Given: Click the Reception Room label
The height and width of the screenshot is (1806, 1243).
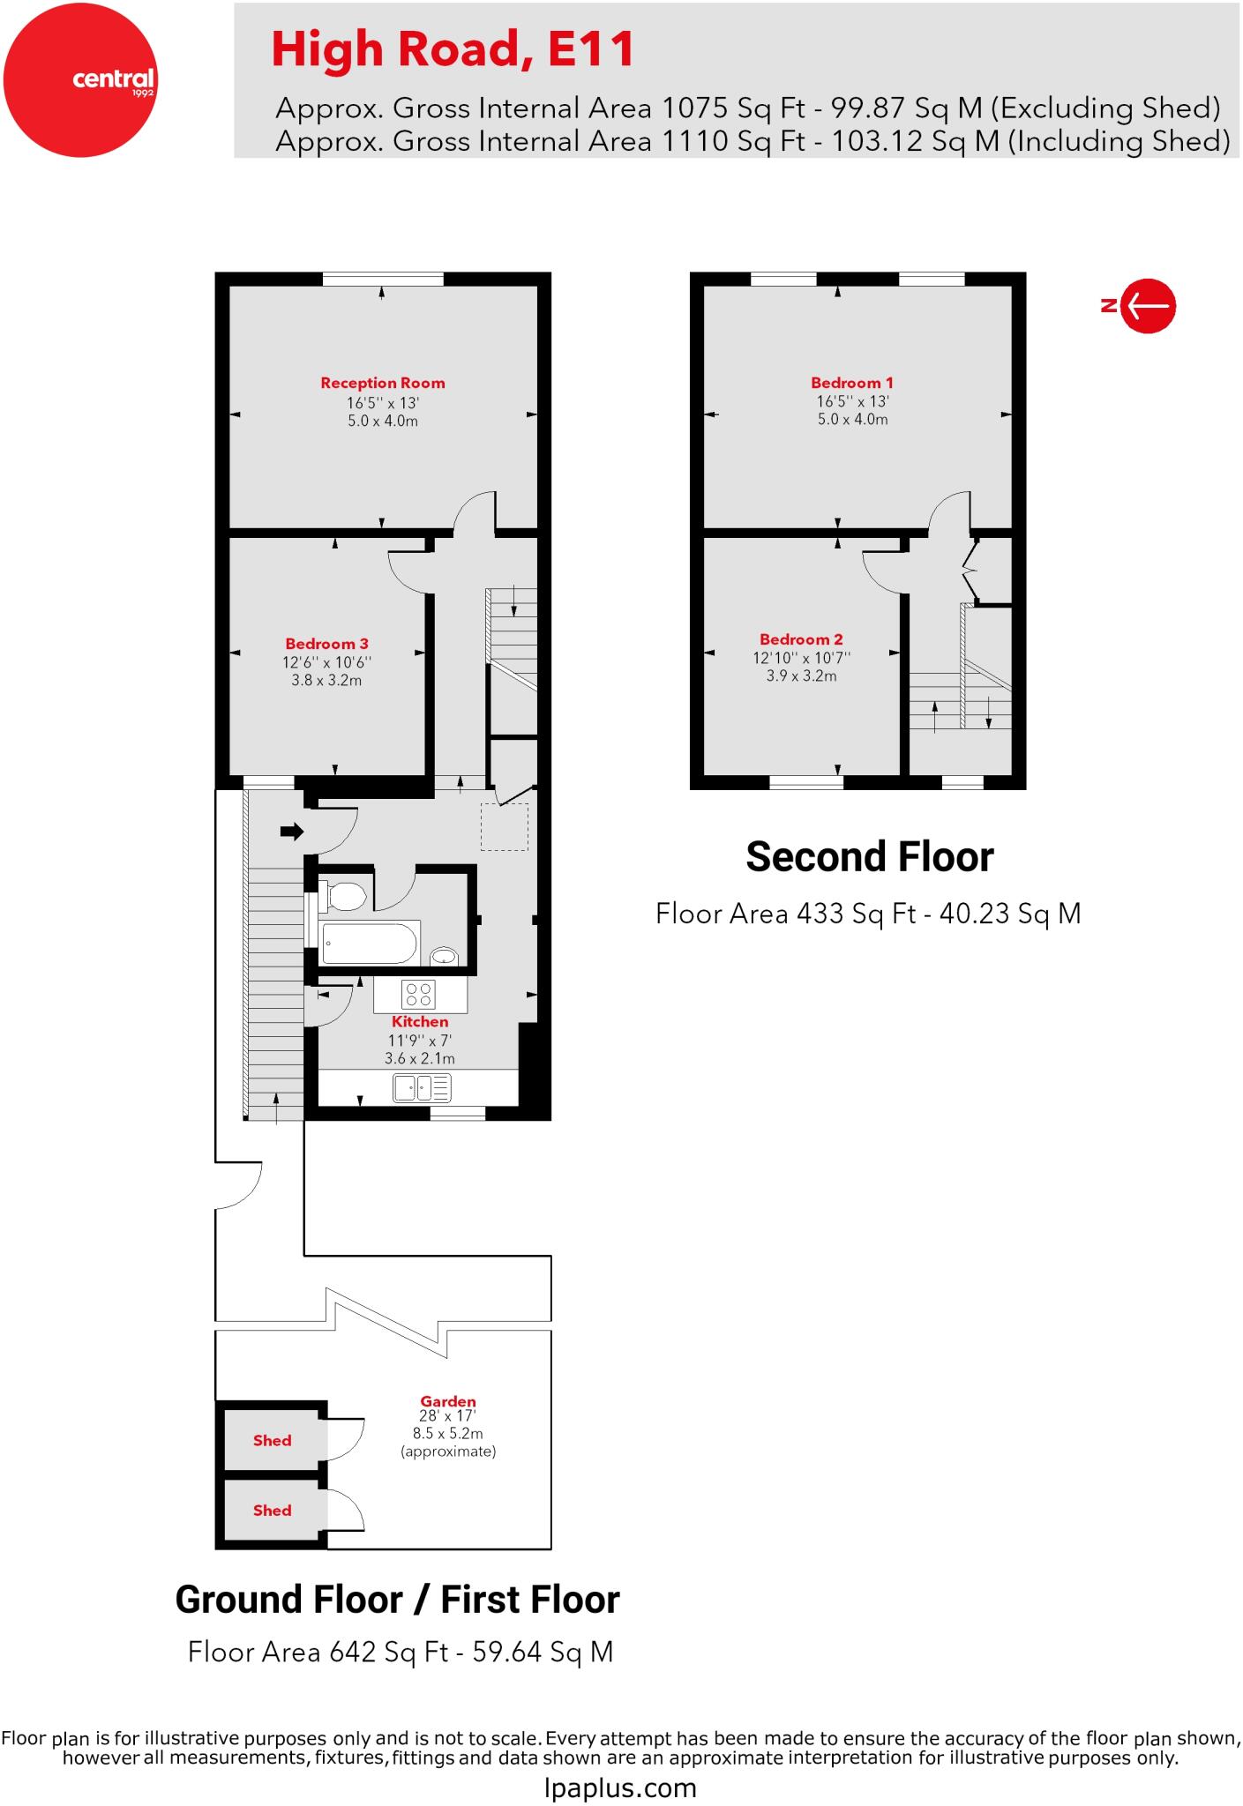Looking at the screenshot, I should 382,383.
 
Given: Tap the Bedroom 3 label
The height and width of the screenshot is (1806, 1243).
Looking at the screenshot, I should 326,644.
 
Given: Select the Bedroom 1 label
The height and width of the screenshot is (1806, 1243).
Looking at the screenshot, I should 851,383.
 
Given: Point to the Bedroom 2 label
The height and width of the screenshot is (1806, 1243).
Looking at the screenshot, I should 801,639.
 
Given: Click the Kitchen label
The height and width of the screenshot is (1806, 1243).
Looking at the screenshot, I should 420,1021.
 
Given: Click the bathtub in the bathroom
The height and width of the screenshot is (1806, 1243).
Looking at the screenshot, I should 370,944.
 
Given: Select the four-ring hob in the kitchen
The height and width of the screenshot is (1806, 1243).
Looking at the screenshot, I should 417,995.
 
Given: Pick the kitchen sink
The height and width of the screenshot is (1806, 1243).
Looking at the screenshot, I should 422,1087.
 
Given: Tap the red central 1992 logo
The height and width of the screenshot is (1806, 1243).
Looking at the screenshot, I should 80,80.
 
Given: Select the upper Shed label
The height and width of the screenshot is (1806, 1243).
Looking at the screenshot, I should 272,1440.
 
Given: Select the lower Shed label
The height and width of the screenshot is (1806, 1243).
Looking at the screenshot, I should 272,1510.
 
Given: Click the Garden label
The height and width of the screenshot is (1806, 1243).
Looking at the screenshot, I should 447,1401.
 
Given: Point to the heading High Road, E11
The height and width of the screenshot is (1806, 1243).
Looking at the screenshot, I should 453,49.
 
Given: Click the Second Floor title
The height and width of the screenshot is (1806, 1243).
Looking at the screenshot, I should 869,856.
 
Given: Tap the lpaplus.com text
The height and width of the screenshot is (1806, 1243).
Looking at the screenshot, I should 620,1787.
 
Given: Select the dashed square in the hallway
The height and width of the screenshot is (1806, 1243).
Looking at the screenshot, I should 505,826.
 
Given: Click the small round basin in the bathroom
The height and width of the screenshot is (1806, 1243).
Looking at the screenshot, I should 444,956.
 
